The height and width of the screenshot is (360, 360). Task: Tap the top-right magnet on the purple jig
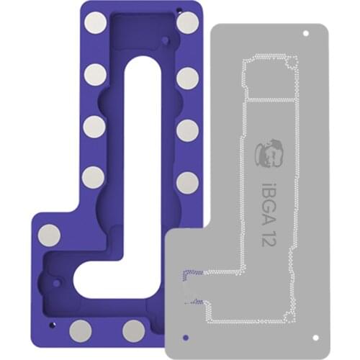pyautogui.click(x=187, y=23)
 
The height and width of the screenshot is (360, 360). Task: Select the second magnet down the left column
pyautogui.click(x=94, y=74)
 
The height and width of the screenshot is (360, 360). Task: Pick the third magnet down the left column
pyautogui.click(x=94, y=126)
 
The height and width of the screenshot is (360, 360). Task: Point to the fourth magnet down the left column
pyautogui.click(x=93, y=177)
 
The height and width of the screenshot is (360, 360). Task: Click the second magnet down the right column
pyautogui.click(x=187, y=78)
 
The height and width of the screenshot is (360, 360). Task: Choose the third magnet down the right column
pyautogui.click(x=187, y=130)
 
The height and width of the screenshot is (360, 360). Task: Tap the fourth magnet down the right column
pyautogui.click(x=187, y=181)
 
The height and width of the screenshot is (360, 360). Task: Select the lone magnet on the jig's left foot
pyautogui.click(x=49, y=235)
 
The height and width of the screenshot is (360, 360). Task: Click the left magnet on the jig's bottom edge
pyautogui.click(x=81, y=330)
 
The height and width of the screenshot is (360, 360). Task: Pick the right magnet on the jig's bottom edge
pyautogui.click(x=133, y=330)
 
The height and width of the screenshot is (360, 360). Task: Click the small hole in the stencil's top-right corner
pyautogui.click(x=305, y=34)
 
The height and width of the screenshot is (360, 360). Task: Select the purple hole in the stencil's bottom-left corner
pyautogui.click(x=186, y=336)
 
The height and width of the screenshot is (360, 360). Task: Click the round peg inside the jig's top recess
pyautogui.click(x=166, y=34)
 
